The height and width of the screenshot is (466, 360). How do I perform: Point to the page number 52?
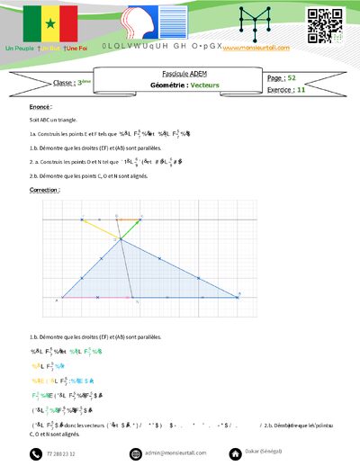click(x=292, y=78)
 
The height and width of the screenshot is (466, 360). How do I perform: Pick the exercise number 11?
click(x=301, y=90)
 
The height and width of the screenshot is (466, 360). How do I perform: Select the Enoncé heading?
click(x=40, y=106)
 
